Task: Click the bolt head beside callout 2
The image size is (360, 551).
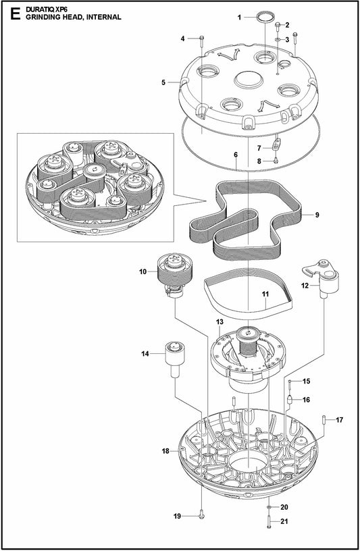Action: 278,26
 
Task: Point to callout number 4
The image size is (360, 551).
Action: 182,38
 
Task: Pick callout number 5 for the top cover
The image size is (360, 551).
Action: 163,82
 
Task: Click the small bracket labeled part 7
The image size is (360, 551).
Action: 277,144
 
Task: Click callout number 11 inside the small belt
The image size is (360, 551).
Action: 265,294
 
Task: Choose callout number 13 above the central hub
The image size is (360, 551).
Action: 220,321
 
